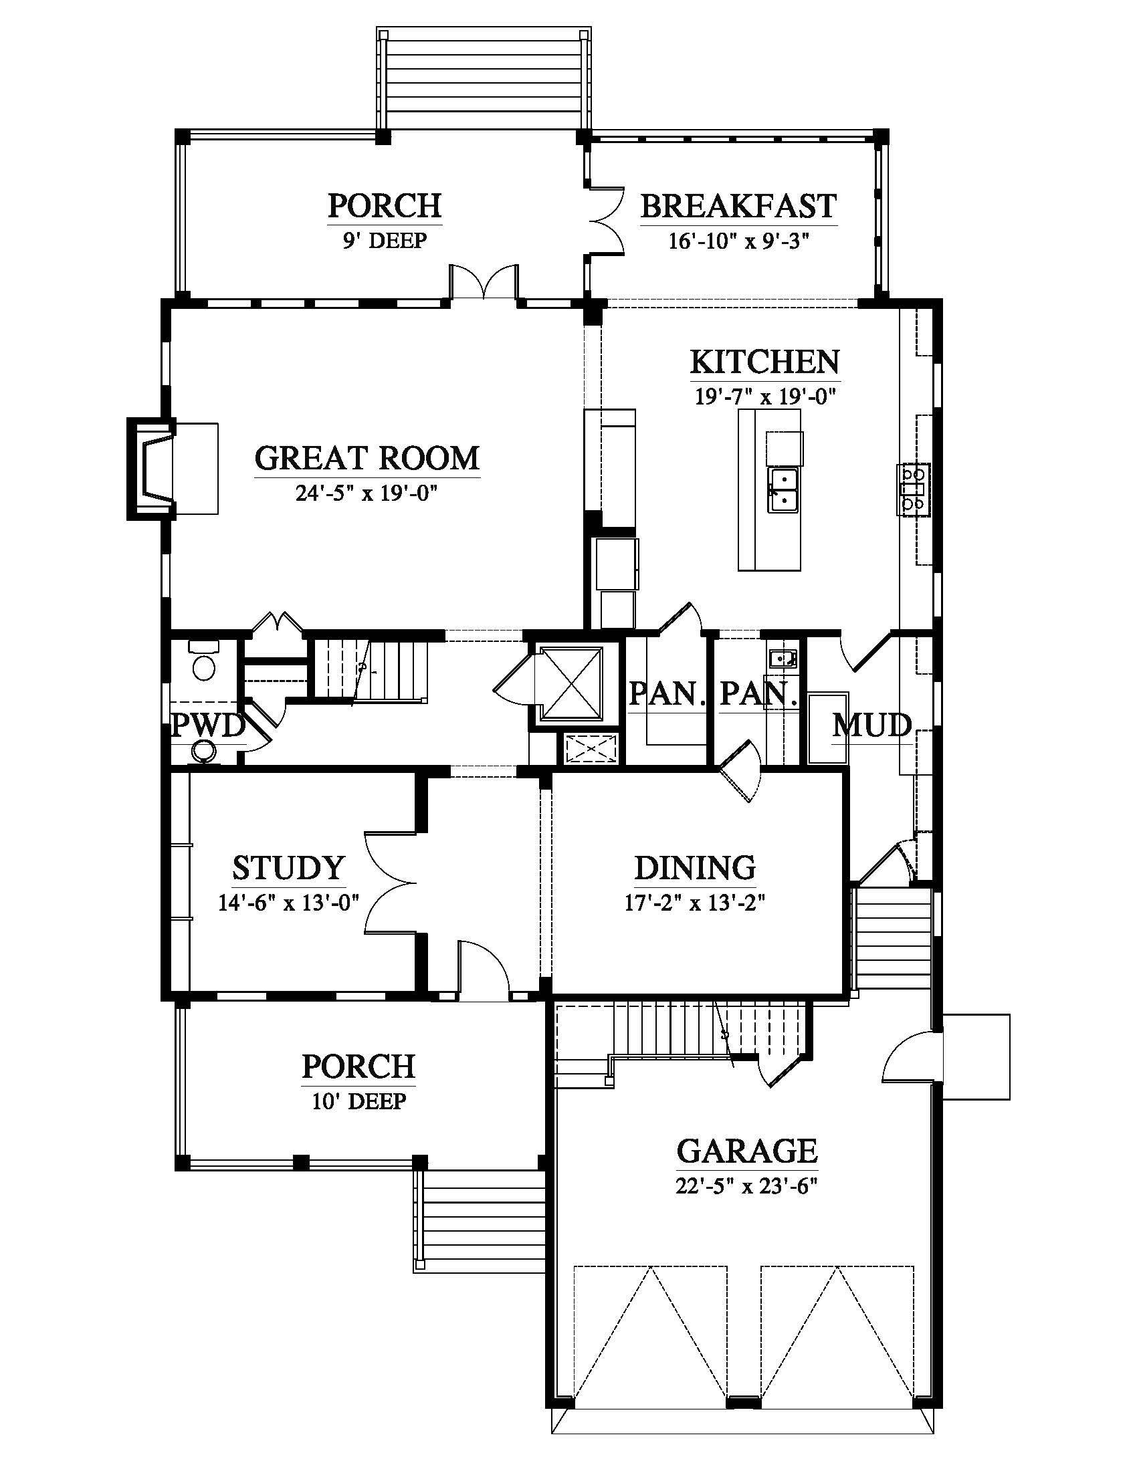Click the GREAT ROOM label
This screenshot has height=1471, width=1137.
pos(367,459)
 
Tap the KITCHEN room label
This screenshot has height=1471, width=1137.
pos(765,362)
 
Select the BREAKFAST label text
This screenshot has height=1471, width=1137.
pos(738,206)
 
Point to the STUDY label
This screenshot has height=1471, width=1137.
pos(288,868)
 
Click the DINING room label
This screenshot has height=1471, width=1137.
pos(695,868)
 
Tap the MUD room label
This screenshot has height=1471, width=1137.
pos(872,725)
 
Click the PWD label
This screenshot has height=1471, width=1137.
pos(207,726)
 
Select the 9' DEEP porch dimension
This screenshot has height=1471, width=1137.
pos(385,241)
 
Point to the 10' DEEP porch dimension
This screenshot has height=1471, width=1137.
pos(359,1102)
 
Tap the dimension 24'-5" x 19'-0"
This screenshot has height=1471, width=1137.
pos(367,493)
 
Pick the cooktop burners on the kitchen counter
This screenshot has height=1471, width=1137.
pos(913,489)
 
